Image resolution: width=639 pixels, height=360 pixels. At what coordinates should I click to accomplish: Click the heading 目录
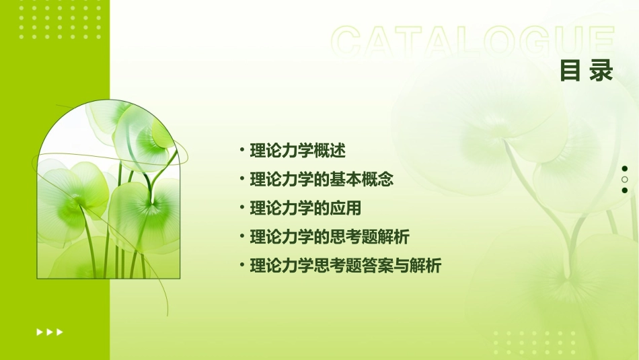click(x=587, y=71)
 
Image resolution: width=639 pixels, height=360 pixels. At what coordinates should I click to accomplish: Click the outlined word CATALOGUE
click(x=473, y=42)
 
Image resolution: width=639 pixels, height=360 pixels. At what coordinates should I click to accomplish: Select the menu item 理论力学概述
click(x=298, y=151)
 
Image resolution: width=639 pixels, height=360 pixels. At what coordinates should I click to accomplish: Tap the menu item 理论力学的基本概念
click(x=322, y=180)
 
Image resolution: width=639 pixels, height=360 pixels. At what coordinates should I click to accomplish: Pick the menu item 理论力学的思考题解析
click(x=330, y=237)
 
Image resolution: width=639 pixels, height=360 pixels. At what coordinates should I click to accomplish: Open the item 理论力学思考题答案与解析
click(x=346, y=266)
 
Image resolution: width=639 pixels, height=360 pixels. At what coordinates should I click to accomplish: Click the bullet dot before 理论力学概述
click(x=242, y=151)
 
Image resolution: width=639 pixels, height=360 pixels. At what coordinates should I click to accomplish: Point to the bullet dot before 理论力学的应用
click(x=242, y=208)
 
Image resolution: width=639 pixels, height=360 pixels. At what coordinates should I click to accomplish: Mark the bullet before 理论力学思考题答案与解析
click(x=242, y=266)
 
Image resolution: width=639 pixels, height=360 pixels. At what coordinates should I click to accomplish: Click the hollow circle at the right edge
click(x=625, y=180)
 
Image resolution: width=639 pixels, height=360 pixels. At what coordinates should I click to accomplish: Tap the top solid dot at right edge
click(x=625, y=169)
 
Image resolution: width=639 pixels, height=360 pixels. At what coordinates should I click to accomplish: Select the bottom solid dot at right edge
click(x=625, y=190)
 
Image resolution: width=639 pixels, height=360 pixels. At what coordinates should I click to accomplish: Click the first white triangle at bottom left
click(x=40, y=332)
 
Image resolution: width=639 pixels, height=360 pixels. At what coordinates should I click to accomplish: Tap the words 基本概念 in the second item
click(x=369, y=180)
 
